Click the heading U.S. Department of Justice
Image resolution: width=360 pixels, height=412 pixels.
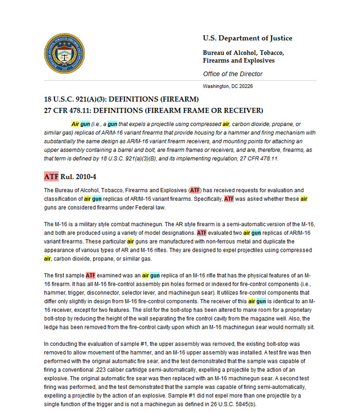(x=247, y=38)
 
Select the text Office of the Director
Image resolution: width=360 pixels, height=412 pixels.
(x=232, y=74)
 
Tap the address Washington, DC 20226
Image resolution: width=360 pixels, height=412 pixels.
(x=228, y=86)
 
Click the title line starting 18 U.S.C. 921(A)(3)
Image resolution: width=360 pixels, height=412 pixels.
(x=121, y=99)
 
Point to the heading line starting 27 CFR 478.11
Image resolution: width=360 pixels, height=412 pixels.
(x=154, y=110)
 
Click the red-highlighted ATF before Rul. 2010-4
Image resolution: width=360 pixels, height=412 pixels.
(x=51, y=177)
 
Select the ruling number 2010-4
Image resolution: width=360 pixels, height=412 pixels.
(x=86, y=177)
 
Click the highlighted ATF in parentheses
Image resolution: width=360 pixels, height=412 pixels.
(x=195, y=190)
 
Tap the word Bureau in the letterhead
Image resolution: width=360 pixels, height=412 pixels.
(x=215, y=52)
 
